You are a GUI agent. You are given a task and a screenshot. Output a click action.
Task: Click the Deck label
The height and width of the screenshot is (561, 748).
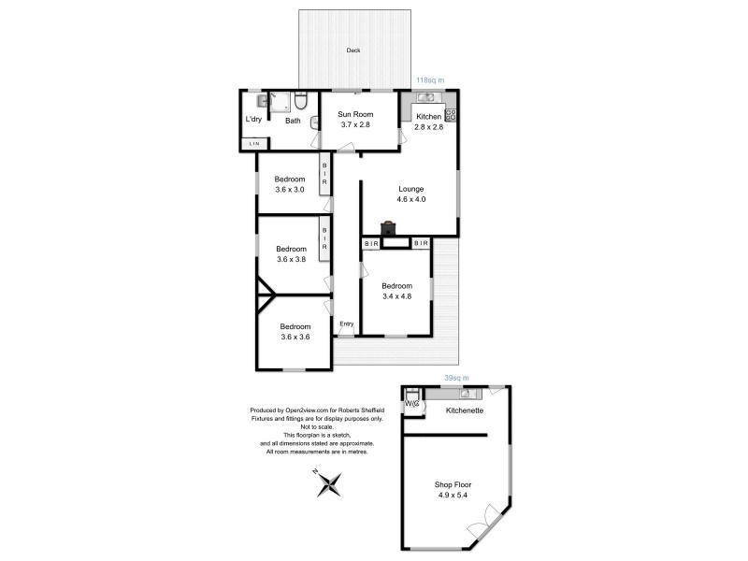[353, 50]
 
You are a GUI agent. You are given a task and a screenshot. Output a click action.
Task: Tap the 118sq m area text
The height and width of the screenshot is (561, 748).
[429, 80]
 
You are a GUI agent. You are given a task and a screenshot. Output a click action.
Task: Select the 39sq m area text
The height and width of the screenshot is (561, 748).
[455, 379]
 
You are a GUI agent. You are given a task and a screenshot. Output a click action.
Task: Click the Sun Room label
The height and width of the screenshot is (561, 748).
[354, 114]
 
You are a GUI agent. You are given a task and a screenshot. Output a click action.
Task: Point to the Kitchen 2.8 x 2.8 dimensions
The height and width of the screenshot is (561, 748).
[429, 126]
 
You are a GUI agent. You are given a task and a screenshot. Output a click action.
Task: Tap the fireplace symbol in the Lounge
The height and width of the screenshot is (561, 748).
[388, 227]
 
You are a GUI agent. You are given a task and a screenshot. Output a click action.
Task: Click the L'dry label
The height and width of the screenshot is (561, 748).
[252, 120]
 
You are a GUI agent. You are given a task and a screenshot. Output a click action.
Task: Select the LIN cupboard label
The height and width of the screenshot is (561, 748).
[253, 143]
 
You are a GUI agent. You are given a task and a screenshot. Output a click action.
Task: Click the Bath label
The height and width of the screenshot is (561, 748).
[293, 121]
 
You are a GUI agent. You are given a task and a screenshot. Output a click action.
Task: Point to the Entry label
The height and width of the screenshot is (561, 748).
[347, 324]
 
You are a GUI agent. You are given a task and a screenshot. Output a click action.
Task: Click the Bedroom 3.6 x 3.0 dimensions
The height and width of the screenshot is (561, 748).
[290, 190]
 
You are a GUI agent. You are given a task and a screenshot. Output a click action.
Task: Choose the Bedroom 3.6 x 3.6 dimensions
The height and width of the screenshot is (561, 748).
[295, 337]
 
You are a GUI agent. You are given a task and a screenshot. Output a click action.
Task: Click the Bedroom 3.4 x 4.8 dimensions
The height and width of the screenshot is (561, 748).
[396, 296]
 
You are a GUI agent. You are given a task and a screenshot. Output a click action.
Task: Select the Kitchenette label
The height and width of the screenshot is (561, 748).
[464, 410]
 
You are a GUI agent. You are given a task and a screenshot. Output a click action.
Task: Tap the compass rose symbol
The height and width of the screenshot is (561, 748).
[329, 483]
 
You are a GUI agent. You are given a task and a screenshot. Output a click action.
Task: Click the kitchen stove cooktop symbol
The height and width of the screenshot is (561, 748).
[451, 115]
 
